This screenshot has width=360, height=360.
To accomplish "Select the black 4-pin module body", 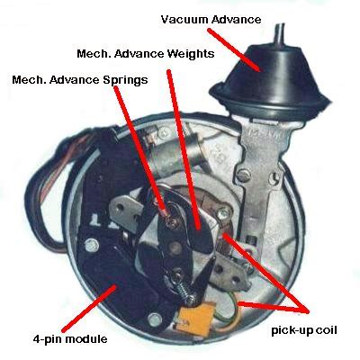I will click(x=108, y=261).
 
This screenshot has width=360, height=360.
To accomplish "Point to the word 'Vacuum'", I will click(x=181, y=18).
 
